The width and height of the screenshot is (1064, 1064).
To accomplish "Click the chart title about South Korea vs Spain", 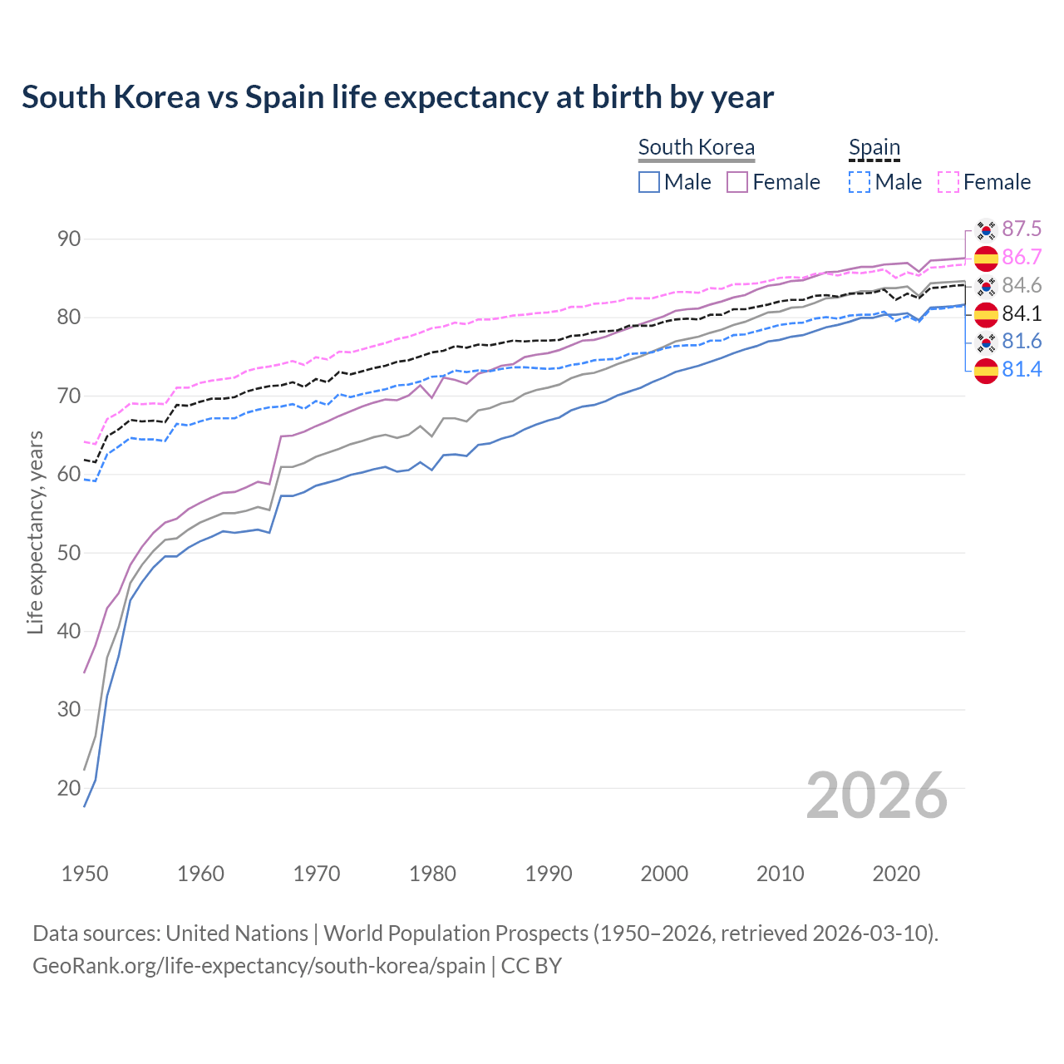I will [397, 97].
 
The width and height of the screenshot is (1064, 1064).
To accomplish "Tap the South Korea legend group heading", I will [696, 147].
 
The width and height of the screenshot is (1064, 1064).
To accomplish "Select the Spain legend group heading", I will [874, 147].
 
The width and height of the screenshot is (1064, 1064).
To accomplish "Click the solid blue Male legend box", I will [649, 182].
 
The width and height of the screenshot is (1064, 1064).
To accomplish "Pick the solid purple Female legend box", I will [737, 182].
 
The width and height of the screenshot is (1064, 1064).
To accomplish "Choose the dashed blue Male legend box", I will [860, 182].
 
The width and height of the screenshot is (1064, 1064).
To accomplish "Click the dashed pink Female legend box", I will [948, 182].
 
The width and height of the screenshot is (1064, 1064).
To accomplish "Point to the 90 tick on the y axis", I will [69, 239].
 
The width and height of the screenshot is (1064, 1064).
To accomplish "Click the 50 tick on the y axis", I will [69, 553].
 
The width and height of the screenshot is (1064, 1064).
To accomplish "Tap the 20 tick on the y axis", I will [69, 788].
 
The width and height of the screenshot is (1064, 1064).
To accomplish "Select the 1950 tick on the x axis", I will [85, 874].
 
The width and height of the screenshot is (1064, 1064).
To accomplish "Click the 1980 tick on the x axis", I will [432, 874].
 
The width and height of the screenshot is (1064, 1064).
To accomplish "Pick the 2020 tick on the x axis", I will [896, 874].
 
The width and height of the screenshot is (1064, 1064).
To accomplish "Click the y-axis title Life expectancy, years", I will [35, 532].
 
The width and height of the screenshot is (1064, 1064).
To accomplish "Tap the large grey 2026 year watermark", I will [876, 796].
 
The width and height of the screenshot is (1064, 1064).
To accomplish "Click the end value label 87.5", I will [1022, 229].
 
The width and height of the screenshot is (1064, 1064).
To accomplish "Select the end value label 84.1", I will [1022, 313].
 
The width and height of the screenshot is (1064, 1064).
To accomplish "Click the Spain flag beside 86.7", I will [986, 258].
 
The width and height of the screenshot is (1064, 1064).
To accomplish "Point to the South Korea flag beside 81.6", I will [986, 342].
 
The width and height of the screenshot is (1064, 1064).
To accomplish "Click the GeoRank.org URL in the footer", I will [259, 966].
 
